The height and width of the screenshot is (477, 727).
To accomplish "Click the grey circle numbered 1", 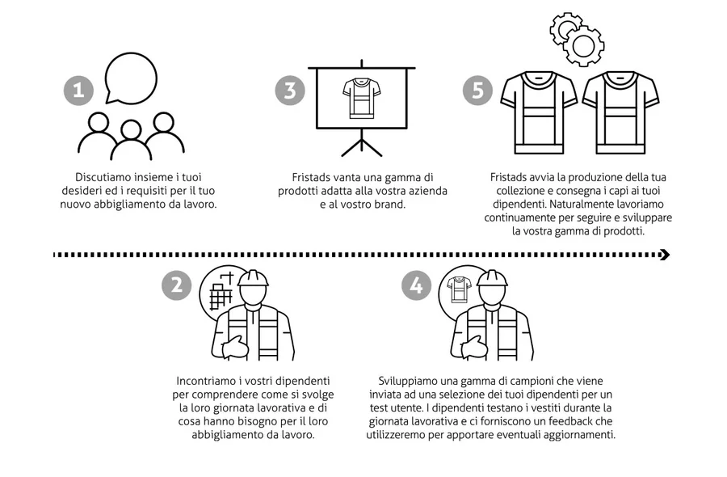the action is coord(78,90).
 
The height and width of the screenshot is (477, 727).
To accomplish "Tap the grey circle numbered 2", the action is coord(177,285).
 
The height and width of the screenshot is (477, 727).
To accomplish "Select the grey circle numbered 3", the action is coord(290,90).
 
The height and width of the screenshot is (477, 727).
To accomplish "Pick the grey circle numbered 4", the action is coord(416,285).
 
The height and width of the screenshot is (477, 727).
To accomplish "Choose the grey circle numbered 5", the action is coord(477,90).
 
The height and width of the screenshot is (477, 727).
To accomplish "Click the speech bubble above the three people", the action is coord(131,78).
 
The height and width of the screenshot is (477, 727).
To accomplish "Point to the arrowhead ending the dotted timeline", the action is coord(665,255).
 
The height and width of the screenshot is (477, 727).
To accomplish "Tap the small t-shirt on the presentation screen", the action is coord(362,99).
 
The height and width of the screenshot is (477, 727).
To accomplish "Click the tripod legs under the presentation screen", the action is coord(362,143).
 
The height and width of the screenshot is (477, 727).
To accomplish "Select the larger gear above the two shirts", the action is coord(582,45).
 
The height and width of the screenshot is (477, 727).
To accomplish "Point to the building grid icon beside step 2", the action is coord(221,291).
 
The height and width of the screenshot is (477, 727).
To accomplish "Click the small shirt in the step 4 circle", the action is coord(459,289).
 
